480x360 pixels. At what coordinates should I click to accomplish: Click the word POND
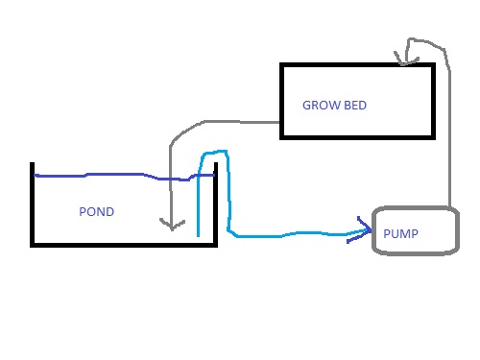(x=96, y=212)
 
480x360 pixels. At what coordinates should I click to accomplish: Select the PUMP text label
(x=400, y=233)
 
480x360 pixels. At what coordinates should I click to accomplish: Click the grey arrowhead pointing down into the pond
(x=171, y=227)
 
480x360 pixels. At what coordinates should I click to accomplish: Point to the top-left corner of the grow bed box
(x=281, y=65)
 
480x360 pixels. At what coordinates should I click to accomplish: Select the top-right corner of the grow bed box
(x=433, y=65)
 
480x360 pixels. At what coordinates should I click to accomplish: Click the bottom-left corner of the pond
(x=33, y=245)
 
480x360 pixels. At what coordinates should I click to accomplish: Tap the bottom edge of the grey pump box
(x=413, y=252)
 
